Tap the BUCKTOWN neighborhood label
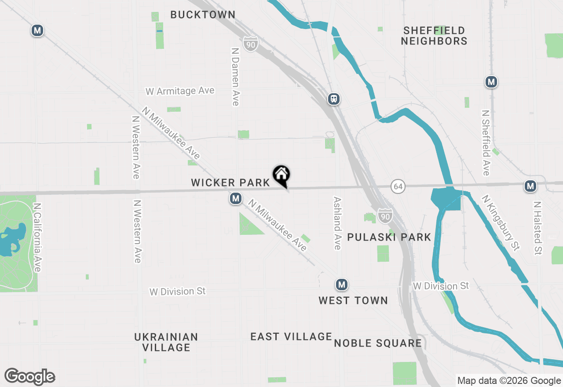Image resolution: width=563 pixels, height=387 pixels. [203, 15]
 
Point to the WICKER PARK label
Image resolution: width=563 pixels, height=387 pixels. [230, 183]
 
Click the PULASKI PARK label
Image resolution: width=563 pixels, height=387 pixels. [389, 237]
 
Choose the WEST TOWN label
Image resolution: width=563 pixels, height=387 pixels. [353, 300]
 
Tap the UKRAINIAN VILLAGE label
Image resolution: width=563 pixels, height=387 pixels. [166, 342]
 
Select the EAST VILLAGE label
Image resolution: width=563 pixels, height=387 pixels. [291, 337]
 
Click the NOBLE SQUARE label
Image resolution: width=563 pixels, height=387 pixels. [378, 343]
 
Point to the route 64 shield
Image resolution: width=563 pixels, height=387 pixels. [398, 186]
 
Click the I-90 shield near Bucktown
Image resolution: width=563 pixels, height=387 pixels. [250, 44]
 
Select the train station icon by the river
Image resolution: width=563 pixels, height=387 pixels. [334, 99]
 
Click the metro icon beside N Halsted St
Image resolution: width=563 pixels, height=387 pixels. [530, 186]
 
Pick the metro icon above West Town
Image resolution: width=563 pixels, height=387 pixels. [342, 285]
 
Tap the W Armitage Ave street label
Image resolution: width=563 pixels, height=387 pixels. [180, 91]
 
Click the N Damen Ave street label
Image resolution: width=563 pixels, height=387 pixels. [235, 77]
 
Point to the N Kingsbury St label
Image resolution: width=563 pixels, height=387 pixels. [501, 223]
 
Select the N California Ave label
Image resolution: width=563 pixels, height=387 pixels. [37, 237]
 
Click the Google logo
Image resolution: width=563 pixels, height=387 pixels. [30, 376]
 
